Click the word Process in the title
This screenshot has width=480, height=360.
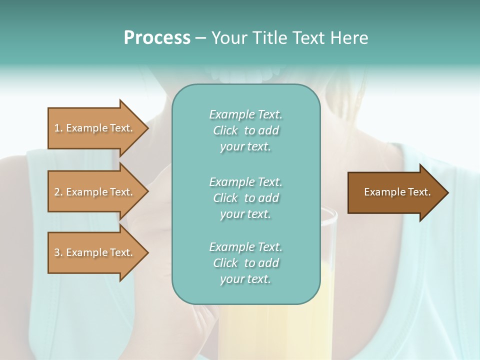point(157,38)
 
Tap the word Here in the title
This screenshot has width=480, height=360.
point(351,38)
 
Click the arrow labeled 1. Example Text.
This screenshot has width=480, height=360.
point(95,128)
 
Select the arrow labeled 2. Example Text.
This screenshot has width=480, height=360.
point(95,192)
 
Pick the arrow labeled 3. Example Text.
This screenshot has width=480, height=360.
point(95,252)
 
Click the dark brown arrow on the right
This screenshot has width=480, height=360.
point(395,192)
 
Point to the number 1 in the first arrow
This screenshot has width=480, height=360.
point(57,128)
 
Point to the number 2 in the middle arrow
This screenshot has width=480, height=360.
point(57,192)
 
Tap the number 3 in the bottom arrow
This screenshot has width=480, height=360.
point(57,252)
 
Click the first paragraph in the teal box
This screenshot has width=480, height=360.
point(245,130)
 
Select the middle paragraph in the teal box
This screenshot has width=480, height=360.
point(245,197)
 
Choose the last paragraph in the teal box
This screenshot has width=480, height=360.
point(245,263)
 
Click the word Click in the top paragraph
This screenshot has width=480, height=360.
point(225,131)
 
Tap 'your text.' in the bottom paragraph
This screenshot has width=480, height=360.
point(245,279)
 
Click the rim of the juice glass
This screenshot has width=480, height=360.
point(330,212)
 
